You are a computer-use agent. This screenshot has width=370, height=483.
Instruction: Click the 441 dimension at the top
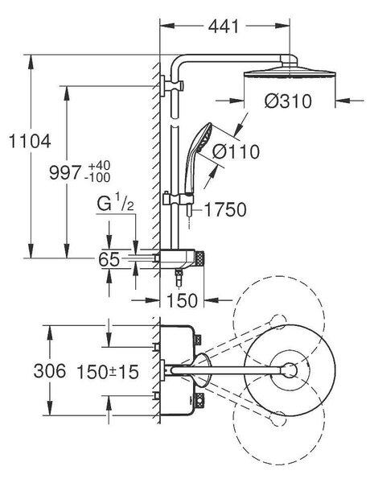click(x=224, y=27)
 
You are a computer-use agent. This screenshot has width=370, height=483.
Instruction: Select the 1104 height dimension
click(x=30, y=142)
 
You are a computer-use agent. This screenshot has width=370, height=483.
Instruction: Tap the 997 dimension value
click(x=65, y=172)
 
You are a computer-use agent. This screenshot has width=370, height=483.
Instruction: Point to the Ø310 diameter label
click(x=288, y=101)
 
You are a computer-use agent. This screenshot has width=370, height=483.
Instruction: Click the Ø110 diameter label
click(x=236, y=151)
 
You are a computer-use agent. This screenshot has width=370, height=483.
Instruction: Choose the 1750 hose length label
click(x=226, y=210)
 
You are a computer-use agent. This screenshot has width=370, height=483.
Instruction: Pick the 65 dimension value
click(x=109, y=259)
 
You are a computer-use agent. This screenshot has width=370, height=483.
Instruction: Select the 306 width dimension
click(x=50, y=370)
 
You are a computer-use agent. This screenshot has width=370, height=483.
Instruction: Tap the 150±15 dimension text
click(x=108, y=371)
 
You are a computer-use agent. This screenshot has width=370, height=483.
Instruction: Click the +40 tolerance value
click(x=99, y=165)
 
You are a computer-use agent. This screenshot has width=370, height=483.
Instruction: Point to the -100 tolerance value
click(x=97, y=177)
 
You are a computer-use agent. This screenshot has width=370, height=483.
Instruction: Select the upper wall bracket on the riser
click(x=172, y=85)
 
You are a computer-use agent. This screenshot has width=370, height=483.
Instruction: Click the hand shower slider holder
click(x=178, y=198)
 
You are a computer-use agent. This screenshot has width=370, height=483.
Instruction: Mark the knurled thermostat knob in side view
click(x=199, y=258)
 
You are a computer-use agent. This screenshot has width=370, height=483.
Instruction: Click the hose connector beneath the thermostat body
click(x=179, y=278)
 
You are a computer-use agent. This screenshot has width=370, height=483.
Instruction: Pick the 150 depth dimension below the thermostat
click(x=182, y=300)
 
